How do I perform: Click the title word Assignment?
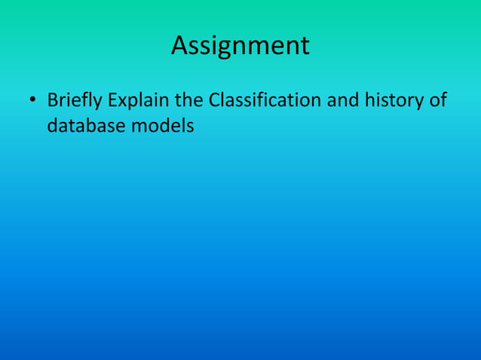pyautogui.click(x=240, y=46)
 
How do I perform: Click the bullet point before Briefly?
pyautogui.click(x=32, y=100)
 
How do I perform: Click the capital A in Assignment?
pyautogui.click(x=180, y=46)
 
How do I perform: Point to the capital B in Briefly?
pyautogui.click(x=52, y=99)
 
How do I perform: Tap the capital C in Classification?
pyautogui.click(x=214, y=99)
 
